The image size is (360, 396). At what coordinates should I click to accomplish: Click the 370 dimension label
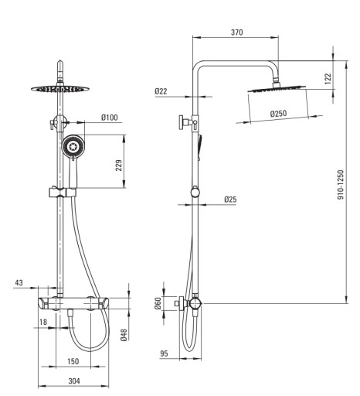coord(236,32)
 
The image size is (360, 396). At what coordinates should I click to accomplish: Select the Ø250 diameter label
coord(278,114)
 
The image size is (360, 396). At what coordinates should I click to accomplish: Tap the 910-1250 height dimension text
coord(341,185)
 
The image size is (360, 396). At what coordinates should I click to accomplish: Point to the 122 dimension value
coord(328,79)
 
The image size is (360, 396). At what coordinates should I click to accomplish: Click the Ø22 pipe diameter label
coord(161,91)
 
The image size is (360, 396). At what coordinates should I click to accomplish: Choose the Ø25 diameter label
coord(230,200)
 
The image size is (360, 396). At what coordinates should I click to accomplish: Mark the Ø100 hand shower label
coord(110,118)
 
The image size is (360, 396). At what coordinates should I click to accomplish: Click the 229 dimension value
coord(119,166)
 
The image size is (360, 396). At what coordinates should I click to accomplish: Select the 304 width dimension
coord(74,381)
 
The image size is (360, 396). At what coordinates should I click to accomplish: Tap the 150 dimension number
coord(73,361)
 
